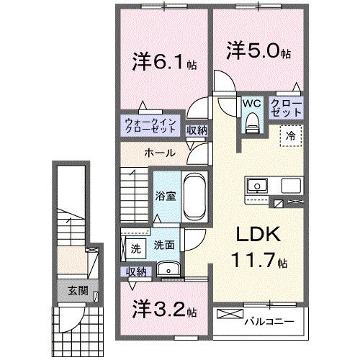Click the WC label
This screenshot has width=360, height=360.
pos(251,102)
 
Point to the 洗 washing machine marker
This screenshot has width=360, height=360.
pos(135,249)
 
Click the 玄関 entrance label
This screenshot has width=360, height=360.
pos(78,291)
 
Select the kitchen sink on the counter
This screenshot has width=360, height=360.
pos(256,186)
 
